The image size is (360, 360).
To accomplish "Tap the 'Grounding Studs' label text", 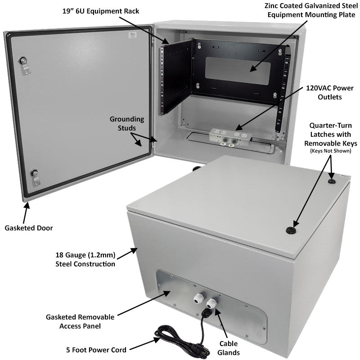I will coord(127,124).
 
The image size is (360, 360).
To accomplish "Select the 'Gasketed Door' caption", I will coord(29,228).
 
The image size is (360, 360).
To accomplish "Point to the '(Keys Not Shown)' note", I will coord(330,151).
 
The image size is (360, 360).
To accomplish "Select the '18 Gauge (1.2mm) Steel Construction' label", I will coord(85,260).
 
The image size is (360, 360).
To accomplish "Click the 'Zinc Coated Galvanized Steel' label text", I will coord(311,6).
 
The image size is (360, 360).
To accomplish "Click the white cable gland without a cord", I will coord(198,298).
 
